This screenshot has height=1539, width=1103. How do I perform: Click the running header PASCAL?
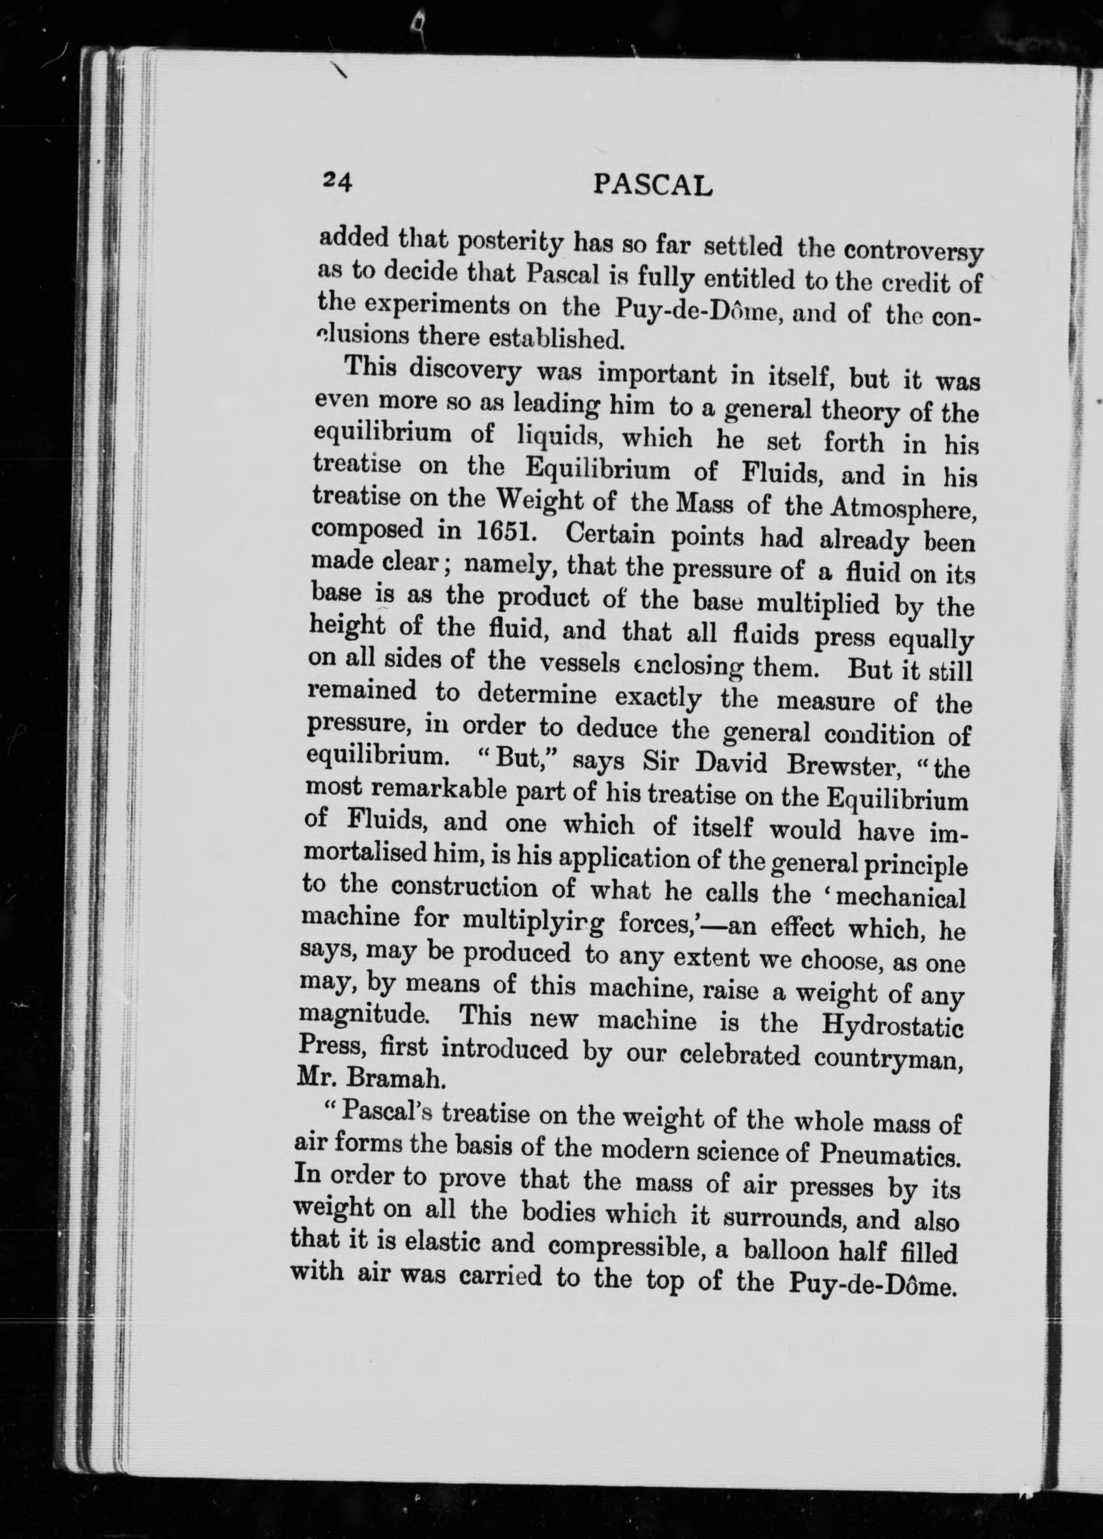coord(653,185)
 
